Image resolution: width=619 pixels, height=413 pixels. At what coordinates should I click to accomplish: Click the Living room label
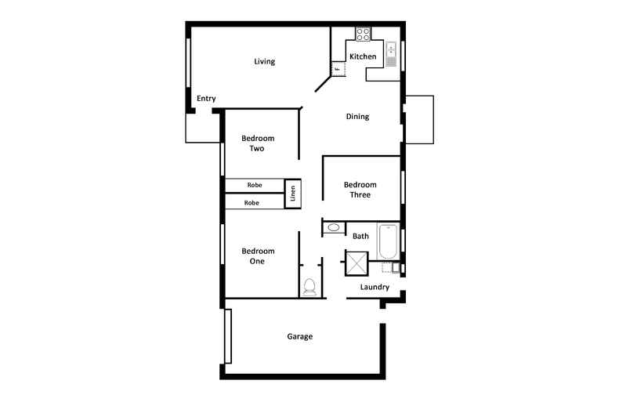(x=265, y=62)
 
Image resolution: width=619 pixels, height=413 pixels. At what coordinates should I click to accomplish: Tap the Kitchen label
(x=363, y=57)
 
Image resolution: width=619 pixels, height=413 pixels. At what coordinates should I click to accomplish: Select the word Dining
(x=357, y=117)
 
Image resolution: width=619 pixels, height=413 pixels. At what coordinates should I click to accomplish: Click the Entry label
(x=206, y=99)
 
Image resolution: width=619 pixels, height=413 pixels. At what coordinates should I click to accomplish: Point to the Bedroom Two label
(x=257, y=143)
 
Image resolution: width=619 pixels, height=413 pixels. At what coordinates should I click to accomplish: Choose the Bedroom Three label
(x=360, y=190)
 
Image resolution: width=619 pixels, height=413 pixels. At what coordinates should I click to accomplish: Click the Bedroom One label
(x=257, y=256)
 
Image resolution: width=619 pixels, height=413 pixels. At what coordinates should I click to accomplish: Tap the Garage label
(x=299, y=337)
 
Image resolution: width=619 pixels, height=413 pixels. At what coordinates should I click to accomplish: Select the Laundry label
(x=375, y=288)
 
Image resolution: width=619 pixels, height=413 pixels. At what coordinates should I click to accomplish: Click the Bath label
(x=360, y=236)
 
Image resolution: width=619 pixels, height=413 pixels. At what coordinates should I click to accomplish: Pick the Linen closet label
(x=292, y=192)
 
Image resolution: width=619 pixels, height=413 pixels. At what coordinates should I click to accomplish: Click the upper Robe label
(x=254, y=185)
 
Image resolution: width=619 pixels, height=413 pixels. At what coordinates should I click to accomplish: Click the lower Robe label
(x=252, y=203)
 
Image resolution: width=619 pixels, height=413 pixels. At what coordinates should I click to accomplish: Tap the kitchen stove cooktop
(x=364, y=34)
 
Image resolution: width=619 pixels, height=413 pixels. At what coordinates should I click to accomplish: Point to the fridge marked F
(x=338, y=70)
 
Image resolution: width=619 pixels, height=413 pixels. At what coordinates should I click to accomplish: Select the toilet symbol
(x=309, y=287)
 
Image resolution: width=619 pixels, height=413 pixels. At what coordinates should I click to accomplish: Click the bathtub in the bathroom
(x=388, y=242)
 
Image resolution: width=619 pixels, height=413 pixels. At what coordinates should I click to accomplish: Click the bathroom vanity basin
(x=334, y=228)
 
